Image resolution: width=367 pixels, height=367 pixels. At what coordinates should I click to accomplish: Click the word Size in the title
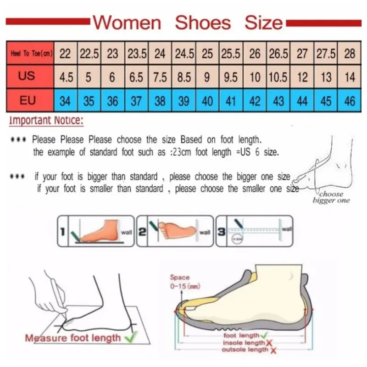tap(263, 22)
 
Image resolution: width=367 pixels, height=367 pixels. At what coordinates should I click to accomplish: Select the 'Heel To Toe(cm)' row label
tap(31, 54)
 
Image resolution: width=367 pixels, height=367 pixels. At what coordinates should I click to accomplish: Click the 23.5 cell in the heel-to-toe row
tap(136, 54)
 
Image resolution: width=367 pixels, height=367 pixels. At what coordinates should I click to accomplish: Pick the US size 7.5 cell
tap(160, 77)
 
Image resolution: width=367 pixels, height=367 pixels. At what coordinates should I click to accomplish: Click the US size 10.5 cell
tap(278, 77)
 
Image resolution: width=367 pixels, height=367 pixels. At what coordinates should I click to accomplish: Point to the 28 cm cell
tap(350, 54)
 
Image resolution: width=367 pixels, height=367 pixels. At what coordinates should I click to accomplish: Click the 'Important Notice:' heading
tap(46, 121)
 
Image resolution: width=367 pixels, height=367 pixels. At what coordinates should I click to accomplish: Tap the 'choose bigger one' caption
tap(331, 197)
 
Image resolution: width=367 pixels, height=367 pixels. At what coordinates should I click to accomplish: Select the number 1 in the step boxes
tap(61, 232)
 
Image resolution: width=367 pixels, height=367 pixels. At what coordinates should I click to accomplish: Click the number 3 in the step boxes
tap(221, 232)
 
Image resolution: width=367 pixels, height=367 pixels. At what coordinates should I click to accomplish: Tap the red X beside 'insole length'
tap(269, 343)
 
